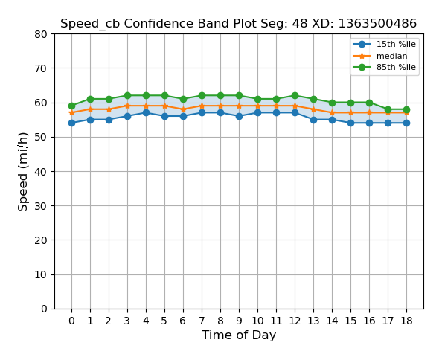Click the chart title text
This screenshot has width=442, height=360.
coord(238,24)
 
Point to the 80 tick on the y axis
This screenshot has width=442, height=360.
coord(41,34)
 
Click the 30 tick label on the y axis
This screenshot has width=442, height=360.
coord(41,206)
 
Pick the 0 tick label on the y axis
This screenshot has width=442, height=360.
coord(44,309)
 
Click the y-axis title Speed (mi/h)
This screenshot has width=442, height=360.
coord(24,172)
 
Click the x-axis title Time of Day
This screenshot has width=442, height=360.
coord(239,335)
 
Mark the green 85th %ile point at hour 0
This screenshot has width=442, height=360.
coord(71,106)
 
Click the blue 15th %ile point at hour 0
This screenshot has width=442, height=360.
coord(71,123)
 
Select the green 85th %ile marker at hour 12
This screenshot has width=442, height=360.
coord(295,96)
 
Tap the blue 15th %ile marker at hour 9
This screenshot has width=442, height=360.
coord(239,117)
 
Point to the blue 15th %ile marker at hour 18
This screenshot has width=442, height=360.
coord(406,123)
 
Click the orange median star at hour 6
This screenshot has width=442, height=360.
coord(183,109)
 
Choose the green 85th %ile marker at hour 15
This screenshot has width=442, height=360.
coord(350,103)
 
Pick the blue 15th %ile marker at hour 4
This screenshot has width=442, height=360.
coord(146,113)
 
